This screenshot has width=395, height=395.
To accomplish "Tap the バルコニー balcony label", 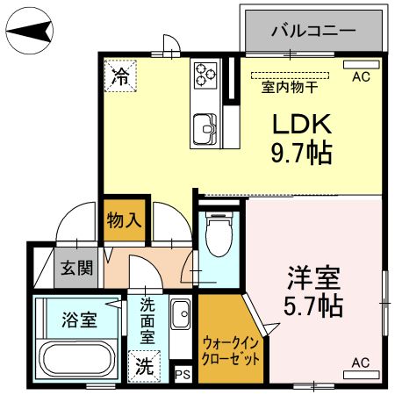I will click(x=312, y=30).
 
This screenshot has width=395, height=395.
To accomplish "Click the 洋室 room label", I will click(x=312, y=279).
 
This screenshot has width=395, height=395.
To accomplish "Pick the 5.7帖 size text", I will click(x=312, y=307).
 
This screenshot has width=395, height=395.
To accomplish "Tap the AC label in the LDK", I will click(x=361, y=77).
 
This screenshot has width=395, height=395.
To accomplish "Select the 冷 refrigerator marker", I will click(x=119, y=75).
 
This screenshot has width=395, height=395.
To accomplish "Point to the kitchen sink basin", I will click(x=206, y=128).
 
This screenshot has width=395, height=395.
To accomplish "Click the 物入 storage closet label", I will click(x=124, y=219).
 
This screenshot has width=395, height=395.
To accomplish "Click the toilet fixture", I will click(x=216, y=236).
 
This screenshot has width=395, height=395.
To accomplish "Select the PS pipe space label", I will click(x=183, y=375).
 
